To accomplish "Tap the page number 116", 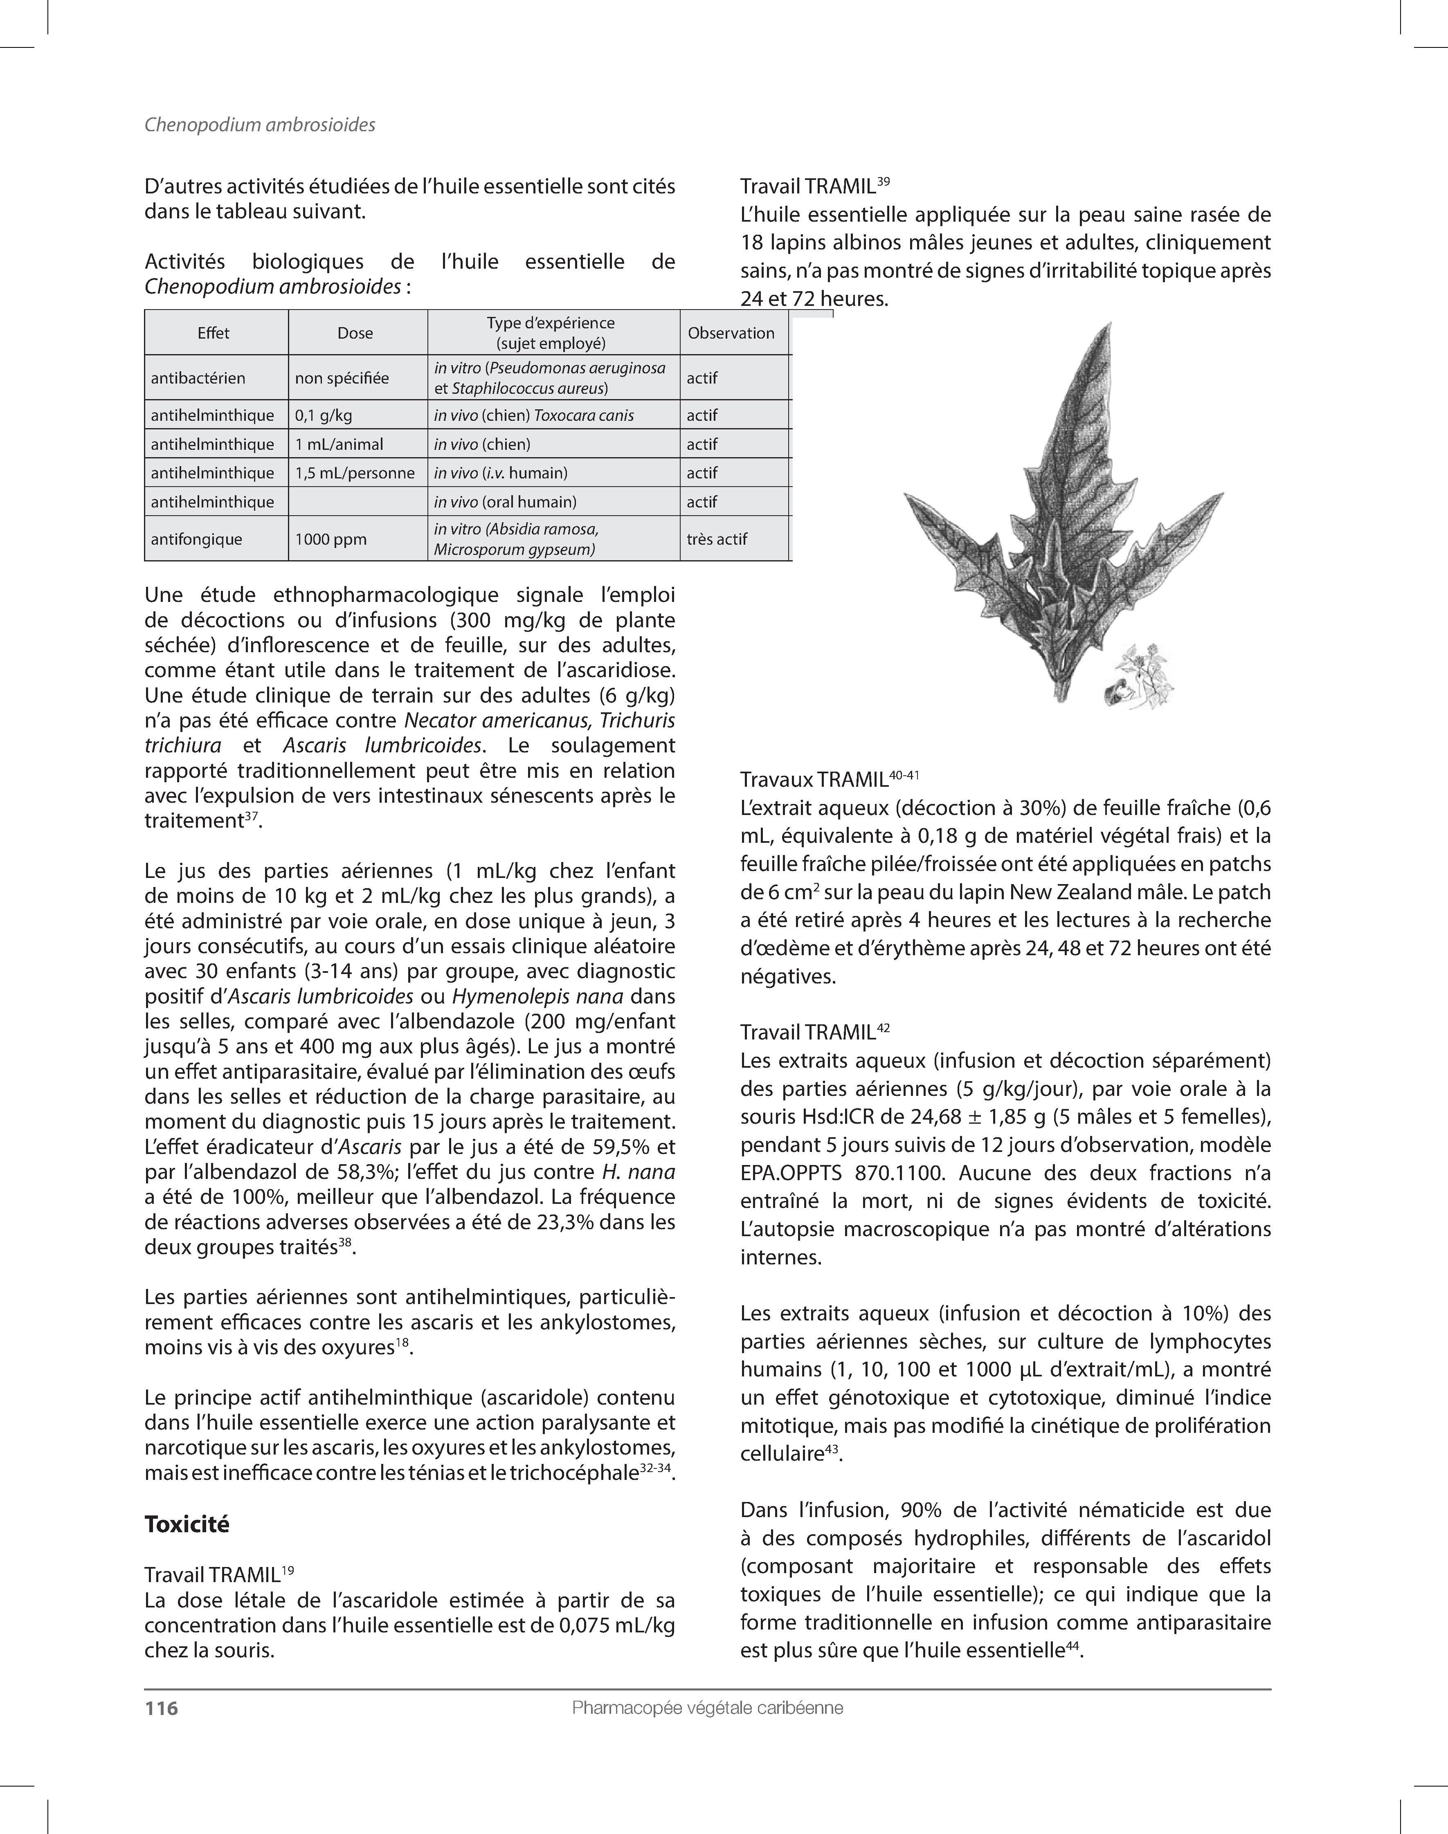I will [x=161, y=1708].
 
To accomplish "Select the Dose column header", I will [x=355, y=333].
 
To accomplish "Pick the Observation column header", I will [x=731, y=333].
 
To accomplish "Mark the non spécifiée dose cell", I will [x=342, y=378].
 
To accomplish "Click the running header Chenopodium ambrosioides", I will [x=259, y=125].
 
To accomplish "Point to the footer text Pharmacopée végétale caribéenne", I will [x=707, y=1708].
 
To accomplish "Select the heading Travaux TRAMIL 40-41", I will [x=829, y=779].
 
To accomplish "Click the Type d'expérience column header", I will [x=551, y=333].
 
